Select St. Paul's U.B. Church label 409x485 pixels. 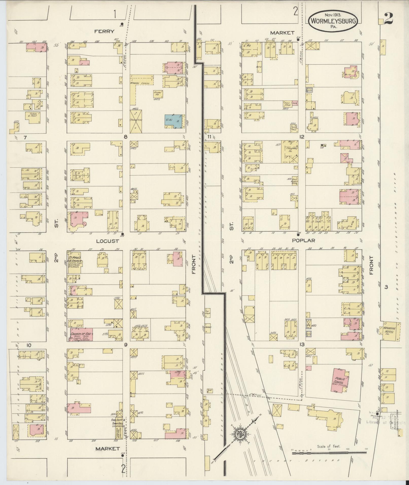coord(74,259)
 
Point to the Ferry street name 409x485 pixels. coord(104,31)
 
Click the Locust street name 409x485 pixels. coord(108,241)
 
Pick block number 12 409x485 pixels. coord(301,137)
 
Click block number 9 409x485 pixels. coord(125,345)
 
